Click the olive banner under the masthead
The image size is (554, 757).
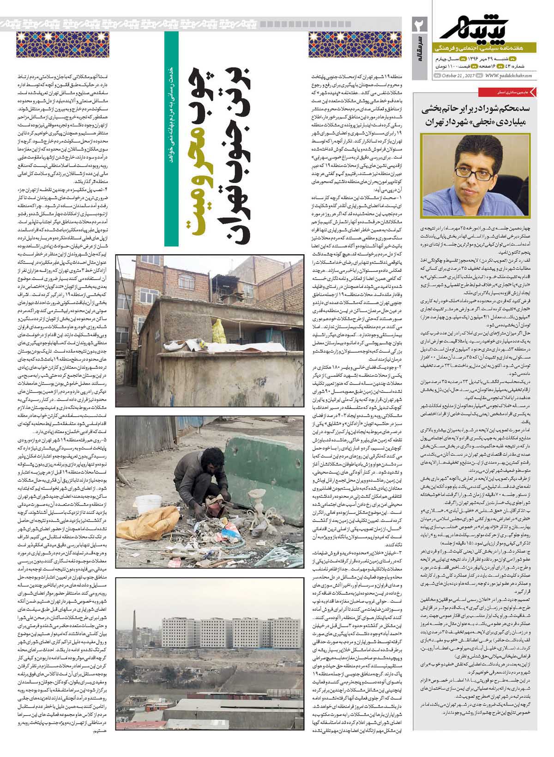coord(487,48)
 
